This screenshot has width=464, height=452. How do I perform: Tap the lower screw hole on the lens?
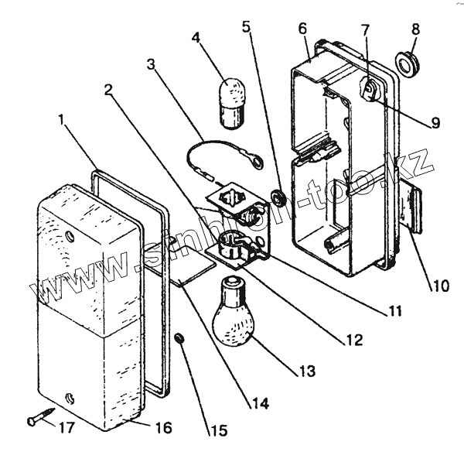71,399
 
